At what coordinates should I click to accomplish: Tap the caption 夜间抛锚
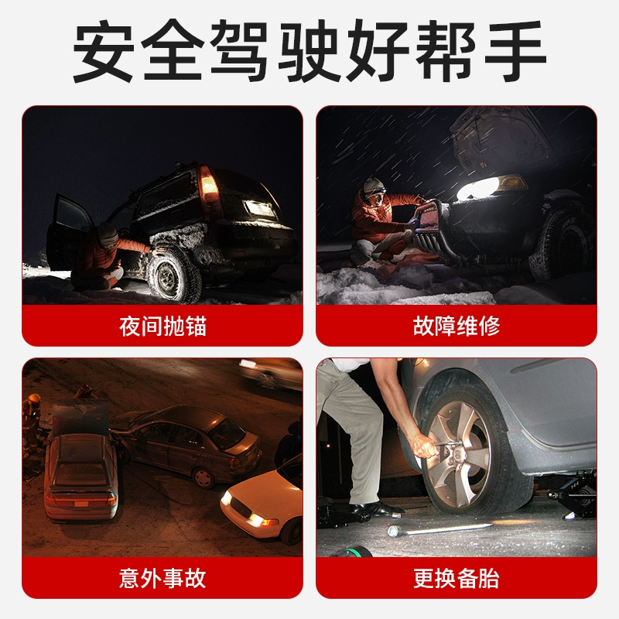tap(162, 325)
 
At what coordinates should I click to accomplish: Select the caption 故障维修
tap(457, 325)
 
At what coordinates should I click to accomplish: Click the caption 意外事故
tap(162, 578)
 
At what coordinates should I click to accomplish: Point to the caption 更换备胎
tap(457, 578)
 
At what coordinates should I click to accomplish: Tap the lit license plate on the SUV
tap(260, 208)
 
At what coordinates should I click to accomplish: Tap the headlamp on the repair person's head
tap(374, 186)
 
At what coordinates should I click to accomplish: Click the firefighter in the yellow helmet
tap(32, 422)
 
